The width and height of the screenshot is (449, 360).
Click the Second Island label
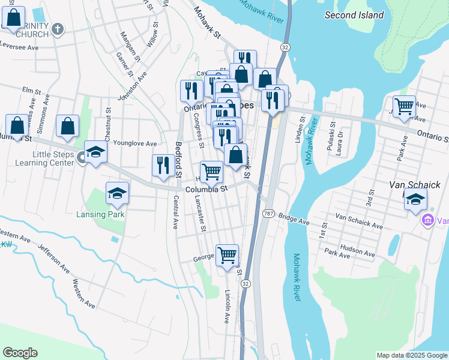[x=354, y=15]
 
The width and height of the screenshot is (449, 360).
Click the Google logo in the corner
[x=20, y=353]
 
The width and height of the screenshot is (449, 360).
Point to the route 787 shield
[x=268, y=214]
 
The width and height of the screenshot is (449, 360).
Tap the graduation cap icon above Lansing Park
[x=117, y=193]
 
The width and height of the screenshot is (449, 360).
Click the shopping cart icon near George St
[x=227, y=255]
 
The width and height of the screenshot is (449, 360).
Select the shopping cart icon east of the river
[x=405, y=106]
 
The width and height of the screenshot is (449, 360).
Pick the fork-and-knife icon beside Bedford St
[x=163, y=166]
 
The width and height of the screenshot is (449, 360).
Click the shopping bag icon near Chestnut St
[x=68, y=126]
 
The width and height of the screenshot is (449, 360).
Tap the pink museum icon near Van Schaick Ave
[x=428, y=221]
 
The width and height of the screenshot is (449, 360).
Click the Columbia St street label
[x=207, y=189]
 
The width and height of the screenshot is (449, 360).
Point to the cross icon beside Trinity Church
[x=58, y=29]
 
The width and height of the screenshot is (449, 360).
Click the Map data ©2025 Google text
[x=412, y=355]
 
